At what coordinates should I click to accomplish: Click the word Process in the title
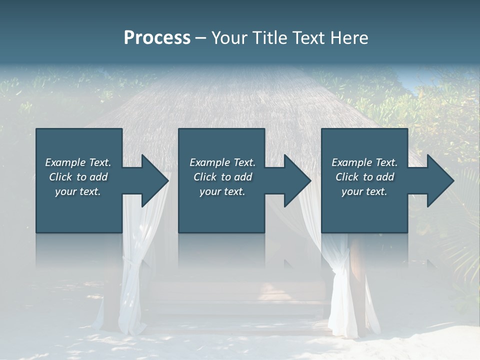coord(157,38)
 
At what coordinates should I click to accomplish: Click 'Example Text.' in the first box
coord(78,162)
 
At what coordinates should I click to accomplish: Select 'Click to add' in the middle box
coord(222,177)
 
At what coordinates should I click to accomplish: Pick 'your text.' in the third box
coord(364,191)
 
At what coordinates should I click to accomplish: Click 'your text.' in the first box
coord(78,191)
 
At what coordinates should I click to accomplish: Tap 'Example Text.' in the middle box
coord(222,162)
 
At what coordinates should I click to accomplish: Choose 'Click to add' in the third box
coord(364,177)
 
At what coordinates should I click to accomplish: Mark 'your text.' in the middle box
coord(222,191)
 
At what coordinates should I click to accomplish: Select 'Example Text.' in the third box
coord(364,162)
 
